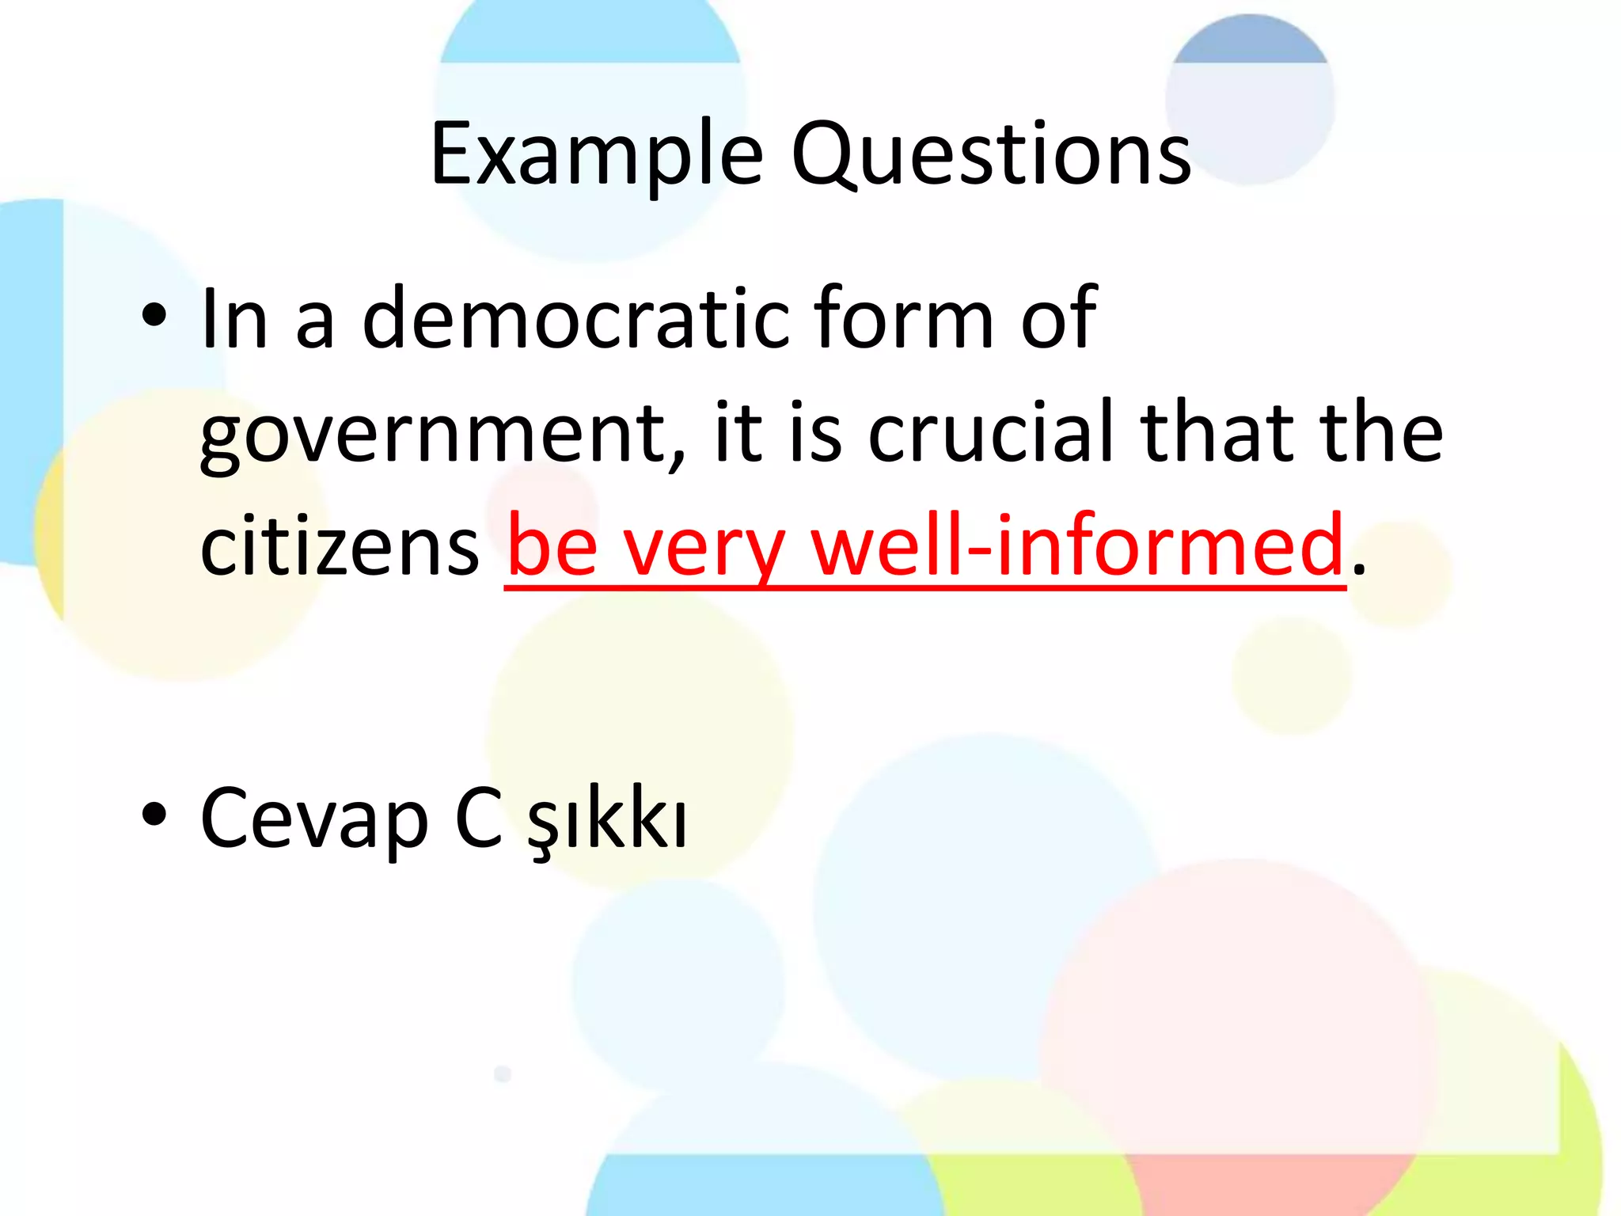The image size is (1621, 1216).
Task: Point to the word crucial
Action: coord(993,431)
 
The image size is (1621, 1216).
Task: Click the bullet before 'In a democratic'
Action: coord(154,316)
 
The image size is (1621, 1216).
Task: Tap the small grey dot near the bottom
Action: coord(503,1074)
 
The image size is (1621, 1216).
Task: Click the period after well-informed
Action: coord(1358,570)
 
